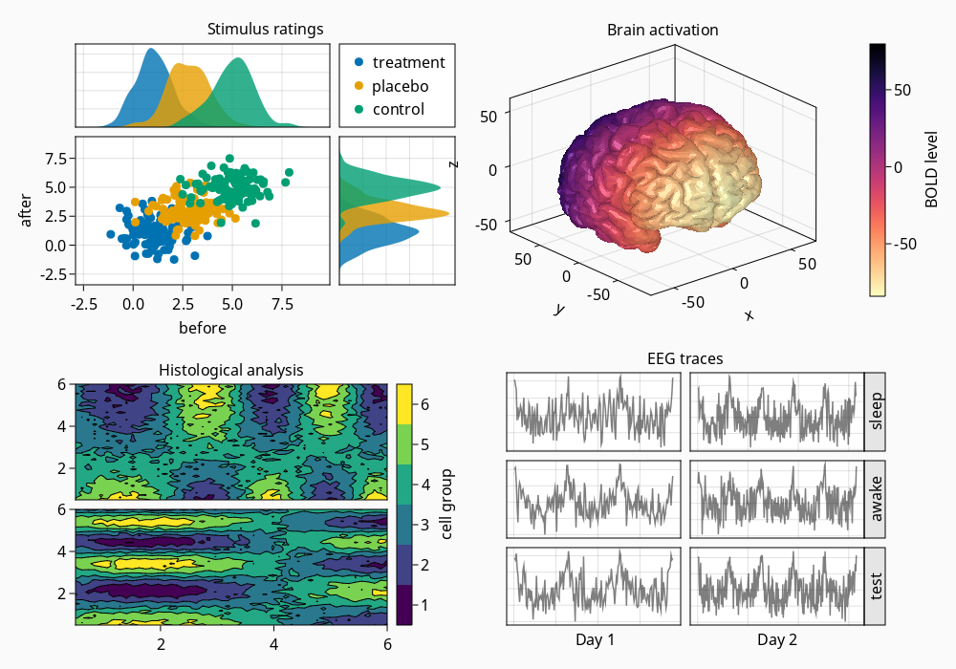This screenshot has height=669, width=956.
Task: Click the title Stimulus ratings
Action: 265,29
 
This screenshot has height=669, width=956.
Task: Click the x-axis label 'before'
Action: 203,328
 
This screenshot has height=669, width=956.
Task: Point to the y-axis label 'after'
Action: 27,210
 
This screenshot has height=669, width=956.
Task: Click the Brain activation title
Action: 663,30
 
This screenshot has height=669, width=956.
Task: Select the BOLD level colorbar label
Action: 931,170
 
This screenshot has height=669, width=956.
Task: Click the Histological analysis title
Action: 230,369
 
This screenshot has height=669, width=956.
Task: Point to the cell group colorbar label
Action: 447,505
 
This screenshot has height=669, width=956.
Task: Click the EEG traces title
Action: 684,359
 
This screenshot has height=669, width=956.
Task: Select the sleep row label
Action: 876,411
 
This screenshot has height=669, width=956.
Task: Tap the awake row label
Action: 876,499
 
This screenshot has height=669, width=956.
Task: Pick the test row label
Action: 876,587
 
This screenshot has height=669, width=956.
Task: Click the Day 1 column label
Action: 596,639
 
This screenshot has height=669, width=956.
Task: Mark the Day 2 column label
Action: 777,639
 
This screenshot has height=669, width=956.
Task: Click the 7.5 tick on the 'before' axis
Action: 282,305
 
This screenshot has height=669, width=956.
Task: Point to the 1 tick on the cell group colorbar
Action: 424,605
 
